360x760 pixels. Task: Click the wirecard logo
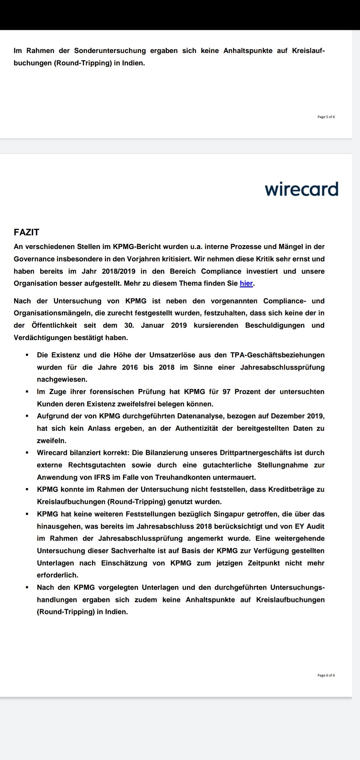(301, 189)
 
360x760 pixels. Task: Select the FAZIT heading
(27, 232)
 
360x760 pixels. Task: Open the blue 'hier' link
(246, 283)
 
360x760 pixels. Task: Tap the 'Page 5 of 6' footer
(326, 117)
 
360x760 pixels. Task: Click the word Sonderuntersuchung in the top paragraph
(110, 51)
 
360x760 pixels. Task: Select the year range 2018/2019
(119, 271)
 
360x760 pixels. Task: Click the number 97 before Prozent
(227, 392)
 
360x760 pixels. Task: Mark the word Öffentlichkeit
(54, 325)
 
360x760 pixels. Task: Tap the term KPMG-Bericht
(132, 247)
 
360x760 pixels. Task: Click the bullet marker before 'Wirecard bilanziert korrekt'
(27, 453)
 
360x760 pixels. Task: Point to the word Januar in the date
(152, 325)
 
